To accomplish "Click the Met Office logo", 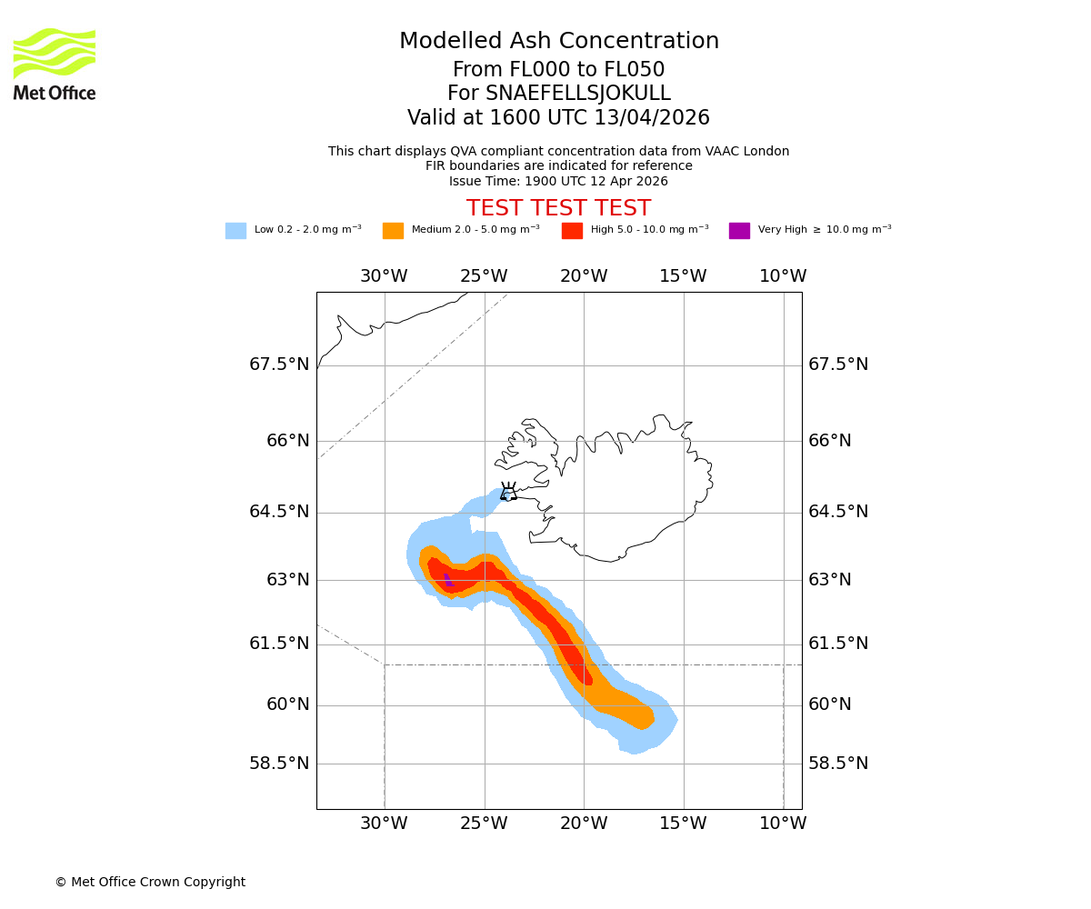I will (55, 64).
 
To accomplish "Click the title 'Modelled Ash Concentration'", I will (558, 42).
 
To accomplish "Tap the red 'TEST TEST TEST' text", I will (558, 208).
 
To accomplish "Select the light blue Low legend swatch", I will (235, 231).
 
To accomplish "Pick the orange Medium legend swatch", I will (393, 231).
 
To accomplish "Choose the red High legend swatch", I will (572, 231).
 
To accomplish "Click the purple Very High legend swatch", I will (739, 231).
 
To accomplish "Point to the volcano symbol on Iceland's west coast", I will (508, 492).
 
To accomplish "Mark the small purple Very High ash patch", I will (447, 579).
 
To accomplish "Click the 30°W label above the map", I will (384, 276).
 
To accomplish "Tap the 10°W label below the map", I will (783, 824).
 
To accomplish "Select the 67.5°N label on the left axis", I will (279, 365).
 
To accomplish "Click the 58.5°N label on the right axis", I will (838, 764).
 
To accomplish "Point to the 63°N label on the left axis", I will (287, 580).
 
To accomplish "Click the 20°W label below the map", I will (584, 824).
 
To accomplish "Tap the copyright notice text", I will (150, 882).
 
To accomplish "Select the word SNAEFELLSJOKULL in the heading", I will (578, 94).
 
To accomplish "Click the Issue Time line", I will (558, 181).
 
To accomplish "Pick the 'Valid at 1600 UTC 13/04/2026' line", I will (558, 118).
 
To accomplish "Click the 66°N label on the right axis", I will (830, 441).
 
